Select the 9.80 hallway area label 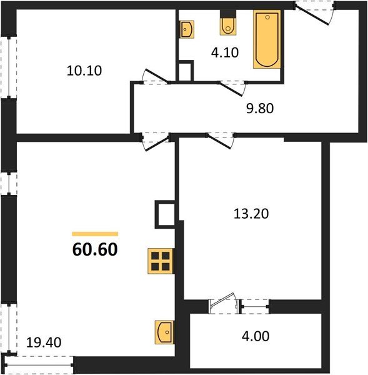click(260, 107)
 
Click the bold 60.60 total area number click(95, 251)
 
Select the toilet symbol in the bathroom click(228, 26)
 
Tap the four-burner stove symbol click(160, 260)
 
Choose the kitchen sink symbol click(164, 331)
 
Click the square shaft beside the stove click(165, 215)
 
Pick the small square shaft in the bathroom click(185, 71)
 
